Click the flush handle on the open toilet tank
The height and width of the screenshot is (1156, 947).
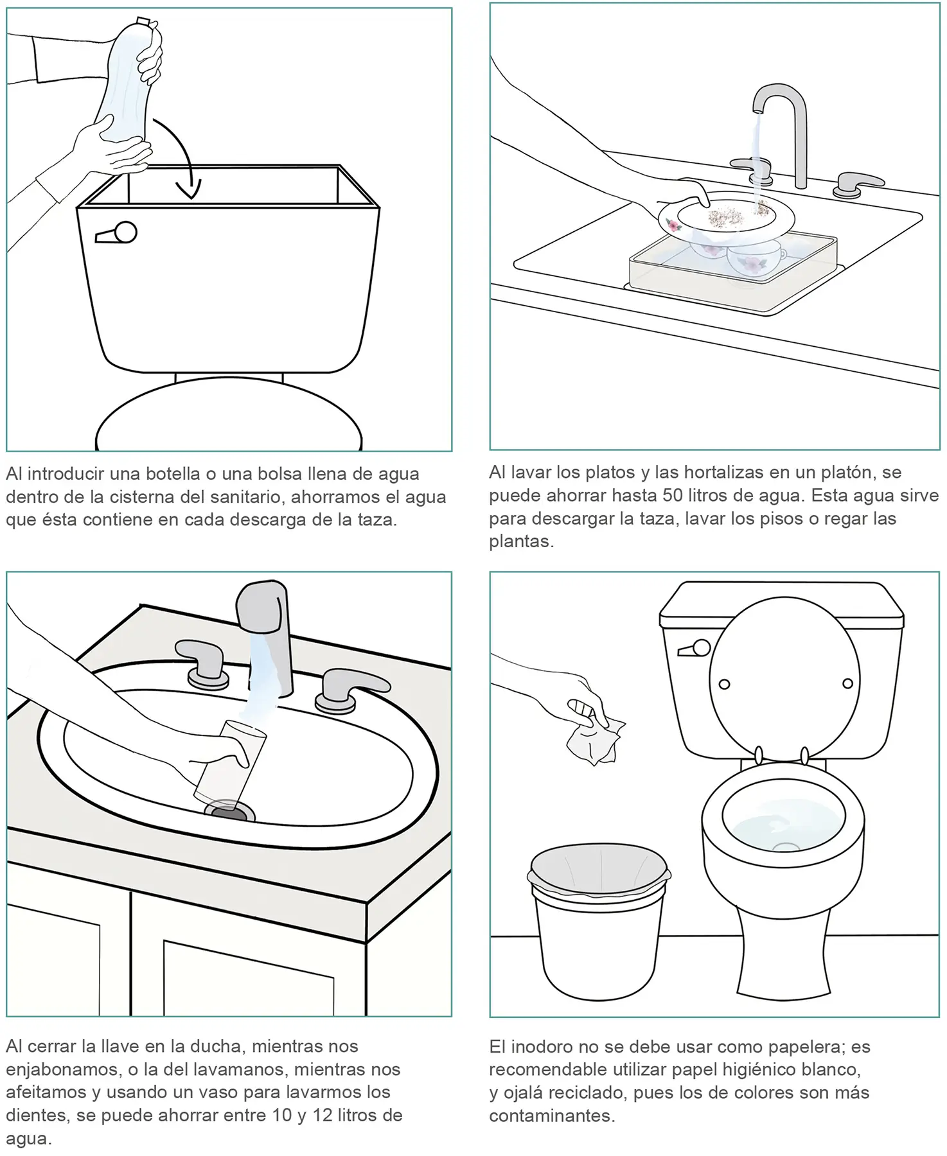pos(116,233)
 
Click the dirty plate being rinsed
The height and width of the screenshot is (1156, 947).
pos(726,219)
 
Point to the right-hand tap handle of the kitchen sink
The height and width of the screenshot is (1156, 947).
pos(857,184)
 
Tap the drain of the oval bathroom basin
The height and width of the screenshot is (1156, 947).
pos(229,811)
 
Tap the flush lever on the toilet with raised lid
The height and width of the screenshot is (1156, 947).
pos(695,649)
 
